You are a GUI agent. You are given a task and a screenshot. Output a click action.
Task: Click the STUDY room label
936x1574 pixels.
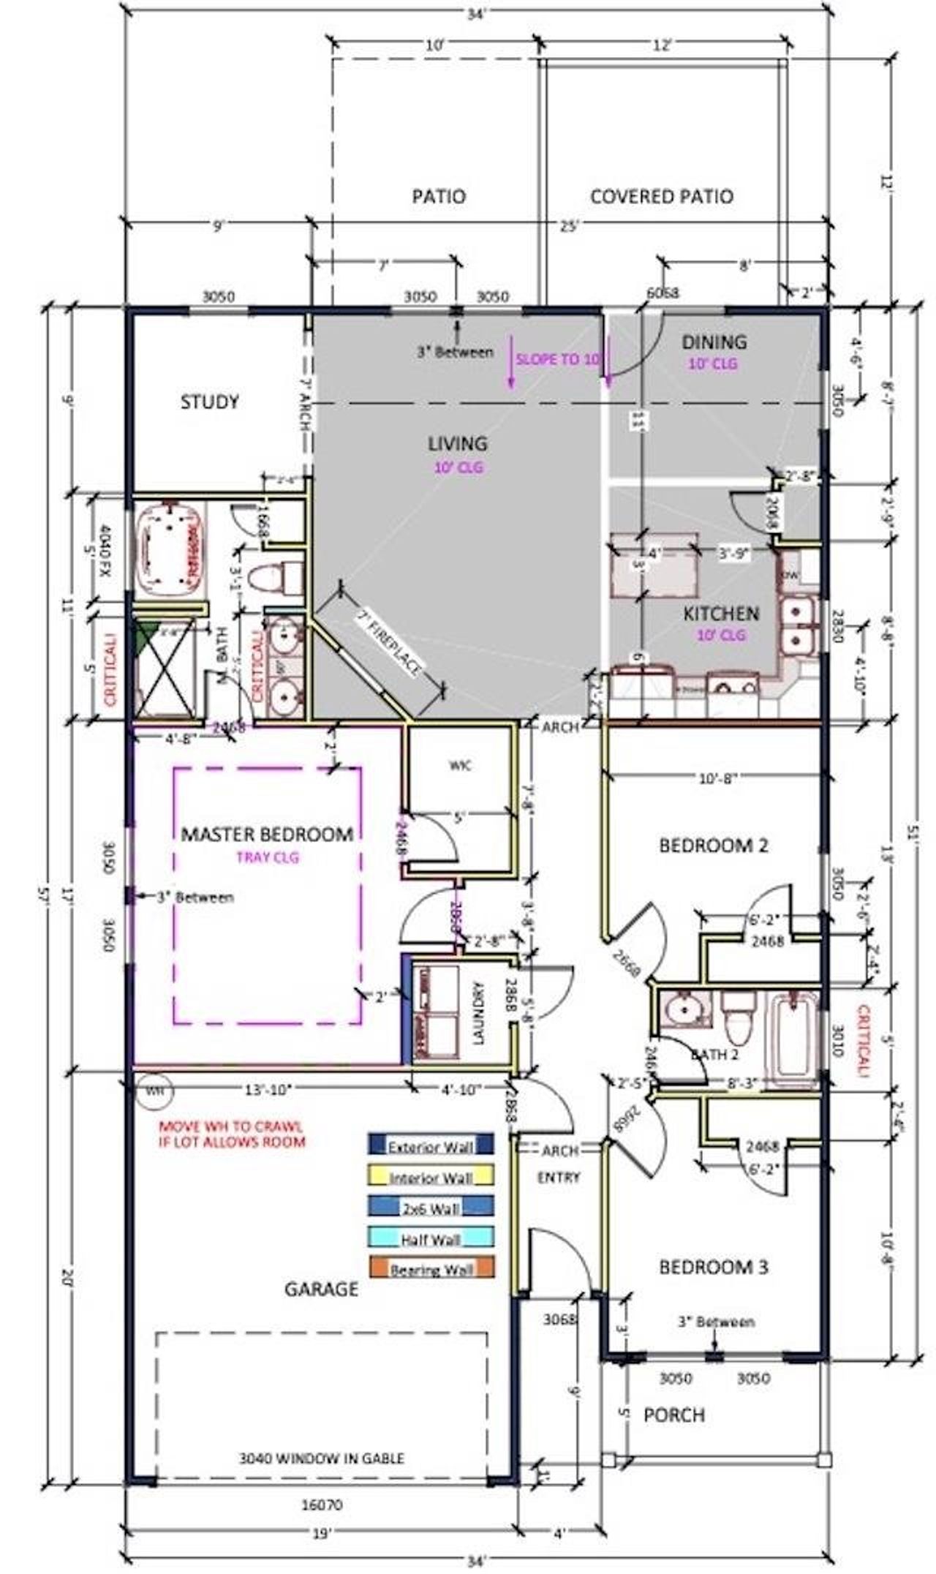click(x=209, y=402)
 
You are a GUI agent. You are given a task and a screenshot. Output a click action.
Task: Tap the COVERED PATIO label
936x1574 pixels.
click(x=661, y=197)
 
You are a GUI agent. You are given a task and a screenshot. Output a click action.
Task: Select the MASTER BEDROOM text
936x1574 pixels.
click(x=267, y=835)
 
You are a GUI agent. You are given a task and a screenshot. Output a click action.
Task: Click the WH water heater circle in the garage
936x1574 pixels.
click(x=154, y=1090)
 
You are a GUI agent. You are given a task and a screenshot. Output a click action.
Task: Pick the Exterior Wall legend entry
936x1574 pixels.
click(x=430, y=1147)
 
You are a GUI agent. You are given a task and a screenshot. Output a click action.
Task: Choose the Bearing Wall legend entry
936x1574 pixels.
click(x=430, y=1270)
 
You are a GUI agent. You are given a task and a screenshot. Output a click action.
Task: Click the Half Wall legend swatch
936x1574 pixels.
click(x=430, y=1239)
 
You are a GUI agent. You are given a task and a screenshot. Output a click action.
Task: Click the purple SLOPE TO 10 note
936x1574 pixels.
click(x=557, y=360)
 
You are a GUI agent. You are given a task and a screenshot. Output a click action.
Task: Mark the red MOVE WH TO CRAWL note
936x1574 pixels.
click(x=231, y=1134)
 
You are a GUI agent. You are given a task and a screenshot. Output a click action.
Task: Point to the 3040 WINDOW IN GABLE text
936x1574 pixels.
click(x=321, y=1457)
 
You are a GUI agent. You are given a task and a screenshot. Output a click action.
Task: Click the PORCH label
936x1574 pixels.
click(x=673, y=1415)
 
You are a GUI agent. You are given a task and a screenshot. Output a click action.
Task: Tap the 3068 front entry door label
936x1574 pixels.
click(x=561, y=1319)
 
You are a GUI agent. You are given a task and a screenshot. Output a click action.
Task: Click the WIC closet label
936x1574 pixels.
click(x=460, y=766)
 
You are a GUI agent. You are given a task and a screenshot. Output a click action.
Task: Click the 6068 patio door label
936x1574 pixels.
click(x=663, y=293)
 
